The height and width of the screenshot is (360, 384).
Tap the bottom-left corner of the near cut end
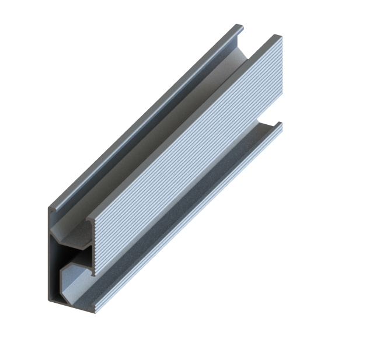point(50,300)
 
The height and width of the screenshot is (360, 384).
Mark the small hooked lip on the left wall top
point(52,205)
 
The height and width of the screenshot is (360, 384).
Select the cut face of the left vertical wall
point(50,257)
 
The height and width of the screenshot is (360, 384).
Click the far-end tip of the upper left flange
point(239,26)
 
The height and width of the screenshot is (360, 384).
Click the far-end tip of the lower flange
point(280,125)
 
